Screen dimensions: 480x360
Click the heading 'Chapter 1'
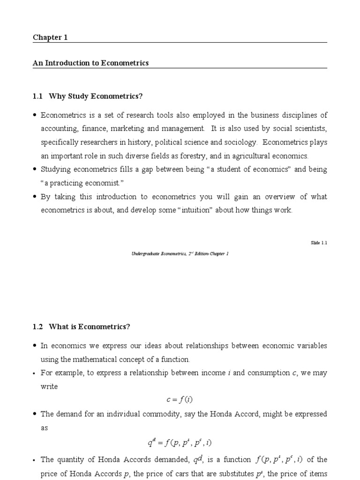[50, 38]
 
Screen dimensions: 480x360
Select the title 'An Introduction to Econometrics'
[90, 63]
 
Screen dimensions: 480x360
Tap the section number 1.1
[37, 97]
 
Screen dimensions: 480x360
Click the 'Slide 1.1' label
[319, 243]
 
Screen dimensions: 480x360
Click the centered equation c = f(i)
[180, 400]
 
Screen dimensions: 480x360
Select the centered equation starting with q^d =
[180, 442]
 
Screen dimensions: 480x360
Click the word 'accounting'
[57, 128]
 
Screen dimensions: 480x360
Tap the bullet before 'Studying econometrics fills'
[35, 170]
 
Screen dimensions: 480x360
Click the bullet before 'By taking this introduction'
[35, 197]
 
